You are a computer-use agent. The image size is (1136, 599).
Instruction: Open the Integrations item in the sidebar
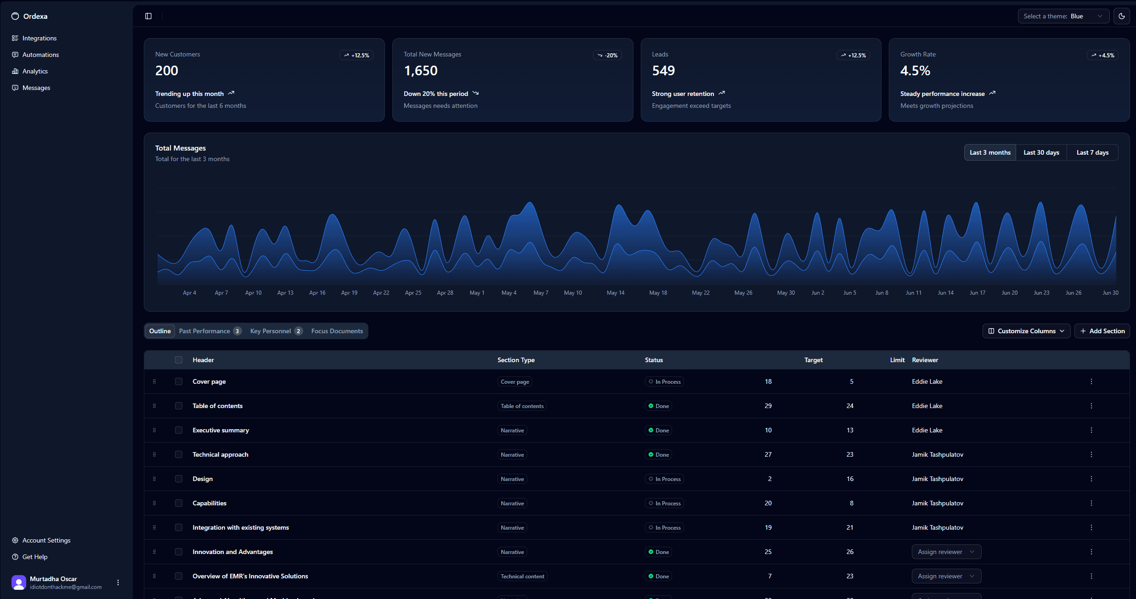point(39,38)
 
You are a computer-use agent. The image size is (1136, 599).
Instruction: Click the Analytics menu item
point(35,71)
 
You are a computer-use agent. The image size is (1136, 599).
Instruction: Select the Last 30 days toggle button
point(1041,152)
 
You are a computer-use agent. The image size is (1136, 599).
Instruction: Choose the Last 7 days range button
point(1092,152)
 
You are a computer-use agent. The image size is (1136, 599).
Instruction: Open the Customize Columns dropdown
point(1026,331)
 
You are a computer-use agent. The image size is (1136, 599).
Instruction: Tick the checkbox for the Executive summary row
point(179,430)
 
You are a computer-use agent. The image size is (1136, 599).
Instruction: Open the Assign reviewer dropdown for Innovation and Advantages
point(946,552)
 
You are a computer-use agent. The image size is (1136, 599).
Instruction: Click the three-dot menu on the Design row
point(1091,479)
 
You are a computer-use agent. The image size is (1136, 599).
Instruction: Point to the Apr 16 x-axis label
point(317,293)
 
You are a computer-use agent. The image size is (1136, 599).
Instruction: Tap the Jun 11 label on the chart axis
point(913,293)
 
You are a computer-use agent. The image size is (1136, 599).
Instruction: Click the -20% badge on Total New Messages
point(607,55)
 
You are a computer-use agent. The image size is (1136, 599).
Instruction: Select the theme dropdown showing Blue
point(1063,16)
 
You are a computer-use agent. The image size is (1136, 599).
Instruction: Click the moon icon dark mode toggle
point(1121,16)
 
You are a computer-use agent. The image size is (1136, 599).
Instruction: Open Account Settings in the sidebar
point(46,540)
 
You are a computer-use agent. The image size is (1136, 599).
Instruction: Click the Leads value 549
point(663,71)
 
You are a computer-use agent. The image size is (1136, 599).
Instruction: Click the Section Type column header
point(515,360)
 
